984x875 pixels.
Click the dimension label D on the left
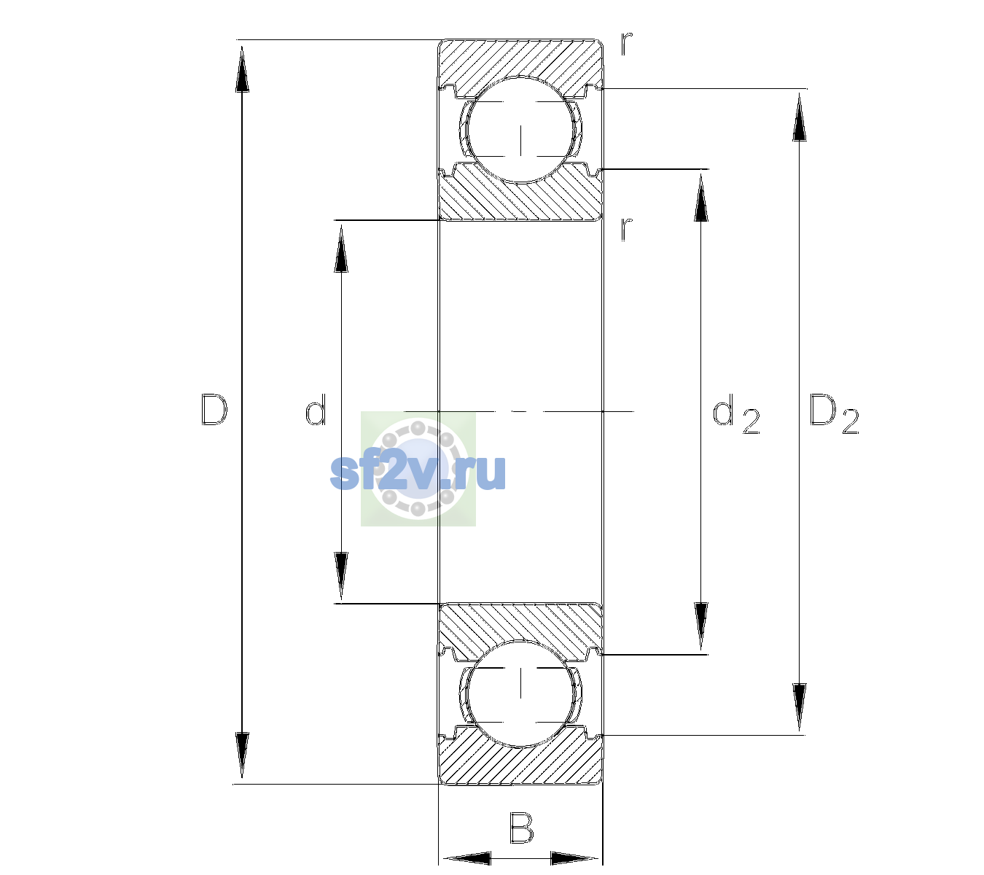[x=214, y=410]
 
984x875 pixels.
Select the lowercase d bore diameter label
[x=316, y=409]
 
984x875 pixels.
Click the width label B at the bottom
[x=521, y=827]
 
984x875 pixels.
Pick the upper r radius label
[x=627, y=43]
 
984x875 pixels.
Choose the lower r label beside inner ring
[x=627, y=229]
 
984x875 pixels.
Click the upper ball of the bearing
[x=520, y=130]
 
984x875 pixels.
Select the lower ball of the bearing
[x=520, y=693]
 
